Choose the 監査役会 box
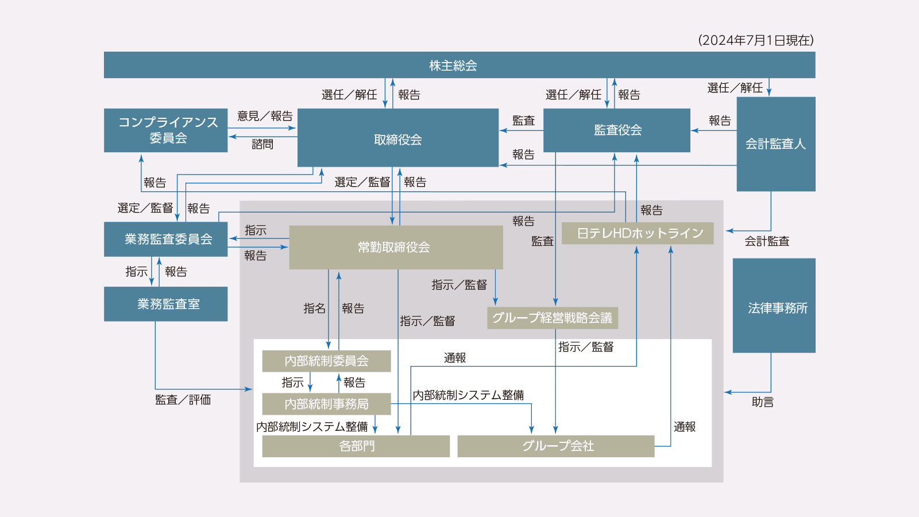(x=617, y=130)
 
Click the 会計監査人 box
(x=775, y=144)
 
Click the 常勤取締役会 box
(x=395, y=248)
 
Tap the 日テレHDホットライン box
(x=638, y=233)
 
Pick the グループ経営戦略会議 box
(x=552, y=318)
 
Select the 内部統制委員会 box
(x=326, y=361)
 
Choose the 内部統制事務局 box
(x=326, y=404)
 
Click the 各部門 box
(x=356, y=446)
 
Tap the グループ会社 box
(x=555, y=446)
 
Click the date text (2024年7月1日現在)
(x=756, y=40)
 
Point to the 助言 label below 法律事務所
(x=762, y=402)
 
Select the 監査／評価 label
(x=183, y=400)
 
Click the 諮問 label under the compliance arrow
(x=262, y=144)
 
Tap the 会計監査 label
(x=767, y=241)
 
